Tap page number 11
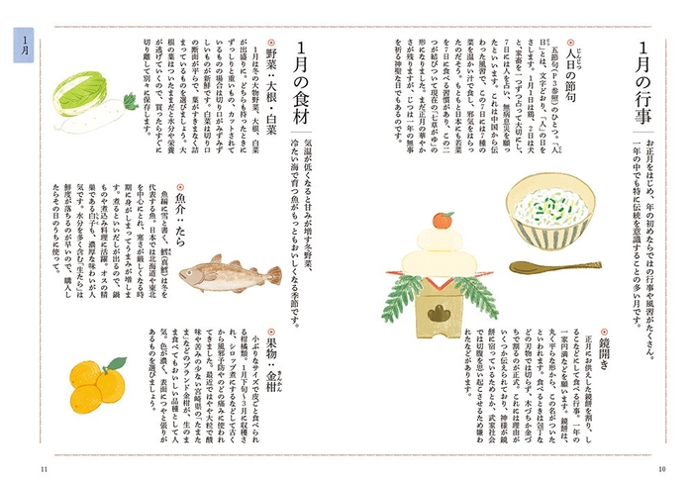44,467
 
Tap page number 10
661,467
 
